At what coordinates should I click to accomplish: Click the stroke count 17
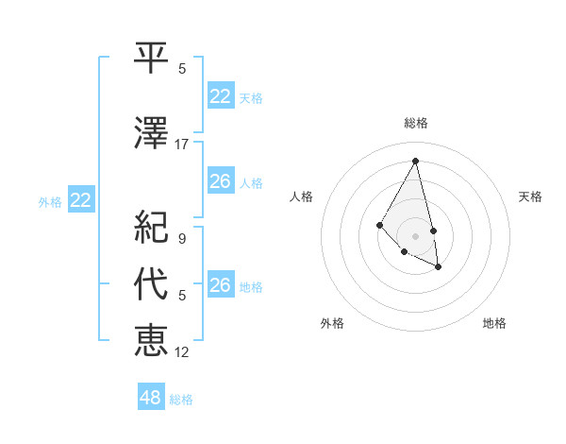(x=182, y=144)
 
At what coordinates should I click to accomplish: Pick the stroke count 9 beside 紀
(x=182, y=238)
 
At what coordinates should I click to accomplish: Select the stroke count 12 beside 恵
(x=182, y=351)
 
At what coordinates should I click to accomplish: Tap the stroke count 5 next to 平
(x=182, y=69)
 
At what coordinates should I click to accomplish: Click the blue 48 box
(x=150, y=398)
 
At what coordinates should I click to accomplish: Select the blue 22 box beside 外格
(x=80, y=199)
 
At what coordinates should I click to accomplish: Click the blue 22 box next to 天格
(x=220, y=96)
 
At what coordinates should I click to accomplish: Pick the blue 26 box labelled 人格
(x=220, y=181)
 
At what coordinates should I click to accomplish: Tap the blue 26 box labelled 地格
(x=220, y=285)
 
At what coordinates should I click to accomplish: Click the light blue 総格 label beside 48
(x=181, y=400)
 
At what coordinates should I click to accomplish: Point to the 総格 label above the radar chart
(x=415, y=123)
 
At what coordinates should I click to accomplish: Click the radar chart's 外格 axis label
(x=332, y=323)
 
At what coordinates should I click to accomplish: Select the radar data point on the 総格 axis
(x=415, y=161)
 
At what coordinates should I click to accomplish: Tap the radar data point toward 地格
(x=439, y=268)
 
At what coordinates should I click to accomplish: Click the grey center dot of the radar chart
(x=415, y=235)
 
